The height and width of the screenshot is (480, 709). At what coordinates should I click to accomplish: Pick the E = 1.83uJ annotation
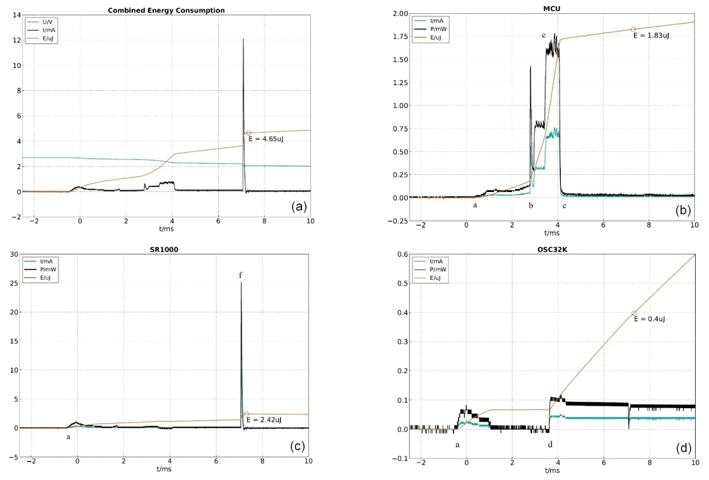tap(651, 36)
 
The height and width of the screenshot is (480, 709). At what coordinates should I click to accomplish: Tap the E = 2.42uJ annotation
tap(266, 420)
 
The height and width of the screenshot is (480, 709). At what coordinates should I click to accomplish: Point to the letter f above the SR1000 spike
tap(240, 275)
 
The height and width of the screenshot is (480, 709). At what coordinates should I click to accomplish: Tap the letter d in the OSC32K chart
tap(550, 444)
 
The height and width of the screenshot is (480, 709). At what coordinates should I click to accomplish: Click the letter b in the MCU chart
tap(530, 205)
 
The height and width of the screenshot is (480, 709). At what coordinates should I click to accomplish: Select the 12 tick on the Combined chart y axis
tap(13, 40)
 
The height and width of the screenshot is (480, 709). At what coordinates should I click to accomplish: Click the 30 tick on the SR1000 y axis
tap(11, 254)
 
